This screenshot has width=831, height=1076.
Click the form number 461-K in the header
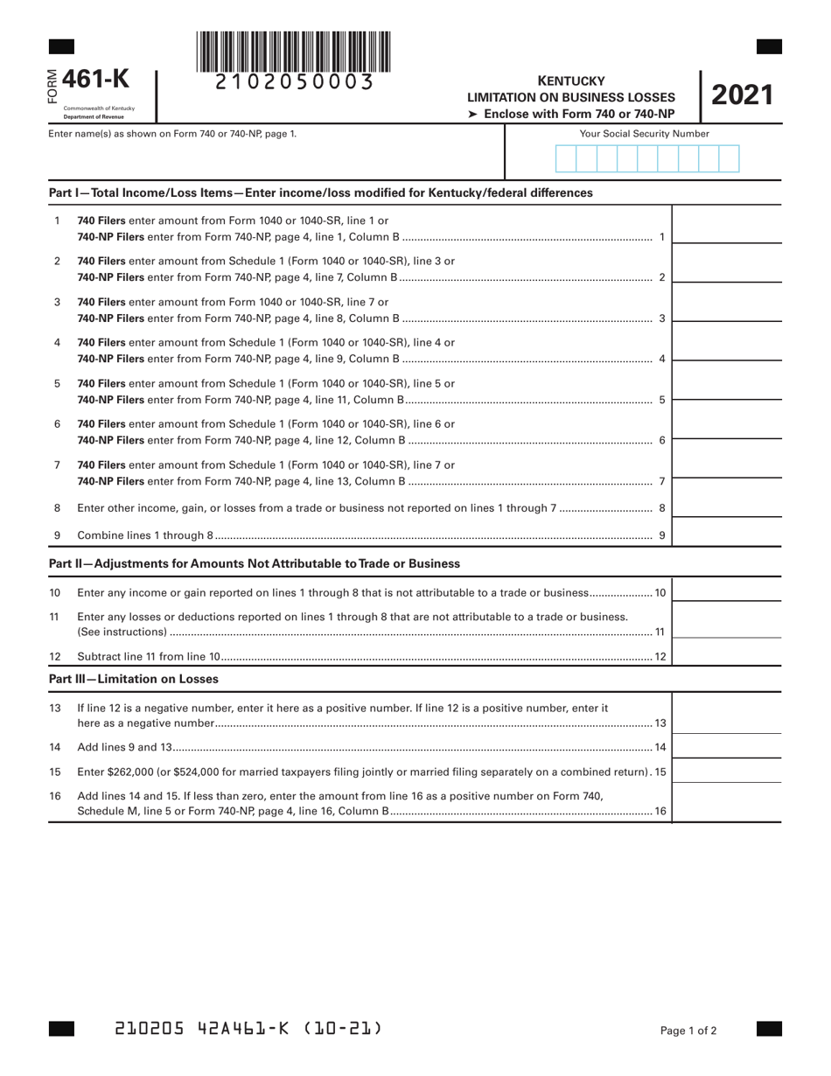(102, 80)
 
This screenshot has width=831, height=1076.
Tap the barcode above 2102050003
(294, 52)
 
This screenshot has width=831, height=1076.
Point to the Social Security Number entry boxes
(646, 158)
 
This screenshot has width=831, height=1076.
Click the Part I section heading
(320, 192)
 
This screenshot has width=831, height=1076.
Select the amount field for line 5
(726, 389)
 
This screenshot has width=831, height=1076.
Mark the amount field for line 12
(726, 654)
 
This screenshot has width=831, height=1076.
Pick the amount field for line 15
(726, 771)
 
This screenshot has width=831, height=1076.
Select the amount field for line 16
(726, 803)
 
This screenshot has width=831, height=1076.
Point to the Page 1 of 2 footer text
(688, 1031)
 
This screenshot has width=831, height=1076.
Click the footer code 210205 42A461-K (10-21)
(248, 1029)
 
